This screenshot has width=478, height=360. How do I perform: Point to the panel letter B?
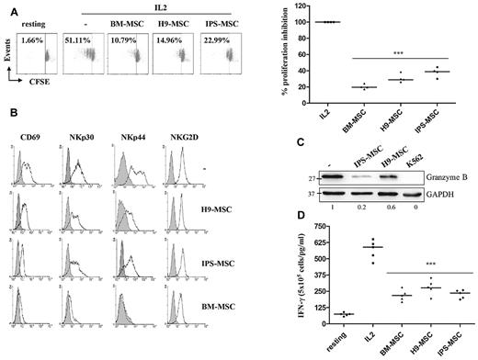pos(10,114)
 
